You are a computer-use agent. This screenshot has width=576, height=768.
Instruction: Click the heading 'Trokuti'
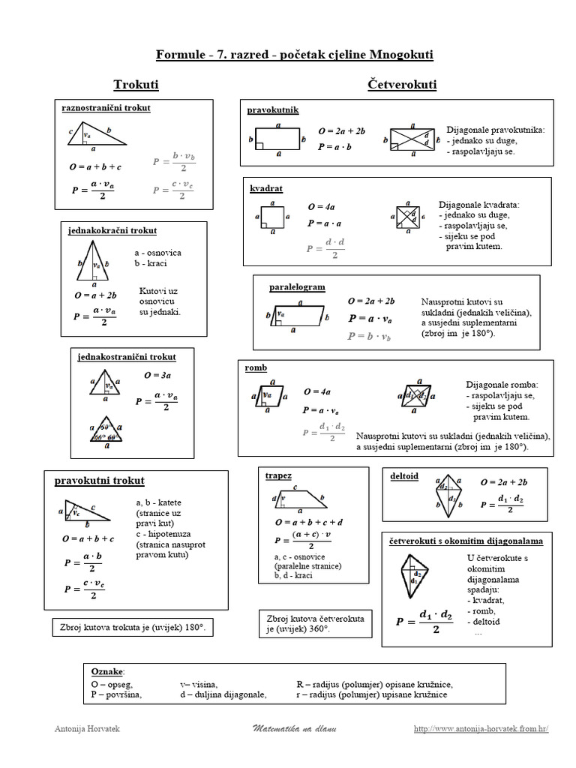pos(136,85)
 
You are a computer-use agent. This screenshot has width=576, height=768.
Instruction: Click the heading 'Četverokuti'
pos(403,85)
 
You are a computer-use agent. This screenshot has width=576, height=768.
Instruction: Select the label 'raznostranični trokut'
pos(106,108)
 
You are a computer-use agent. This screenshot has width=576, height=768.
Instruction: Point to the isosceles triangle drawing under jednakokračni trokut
pos(94,263)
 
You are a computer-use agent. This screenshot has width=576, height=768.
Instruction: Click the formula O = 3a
pos(157,375)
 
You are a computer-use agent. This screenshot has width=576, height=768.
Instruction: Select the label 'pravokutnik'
pos(273,110)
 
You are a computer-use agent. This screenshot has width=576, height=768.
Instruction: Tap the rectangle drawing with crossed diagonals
pos(411,139)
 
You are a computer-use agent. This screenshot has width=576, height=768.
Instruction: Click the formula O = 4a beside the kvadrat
pos(321,206)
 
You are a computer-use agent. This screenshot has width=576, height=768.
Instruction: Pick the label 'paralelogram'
pos(297,287)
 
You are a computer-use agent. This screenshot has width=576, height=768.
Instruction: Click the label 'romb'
pos(256,368)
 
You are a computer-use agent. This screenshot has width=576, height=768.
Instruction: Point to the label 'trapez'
pos(278,475)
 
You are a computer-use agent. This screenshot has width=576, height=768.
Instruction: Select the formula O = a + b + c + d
pos(309,521)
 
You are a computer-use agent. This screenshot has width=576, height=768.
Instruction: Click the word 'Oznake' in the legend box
pos(108,670)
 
